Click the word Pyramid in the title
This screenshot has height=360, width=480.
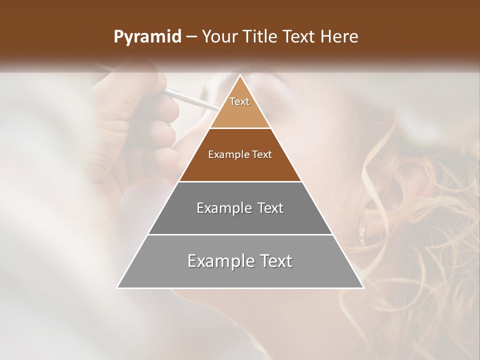[x=147, y=37]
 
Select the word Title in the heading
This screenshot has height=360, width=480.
[x=263, y=37]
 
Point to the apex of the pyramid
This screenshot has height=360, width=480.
[x=240, y=76]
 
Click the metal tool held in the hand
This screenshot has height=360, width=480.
[x=190, y=98]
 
